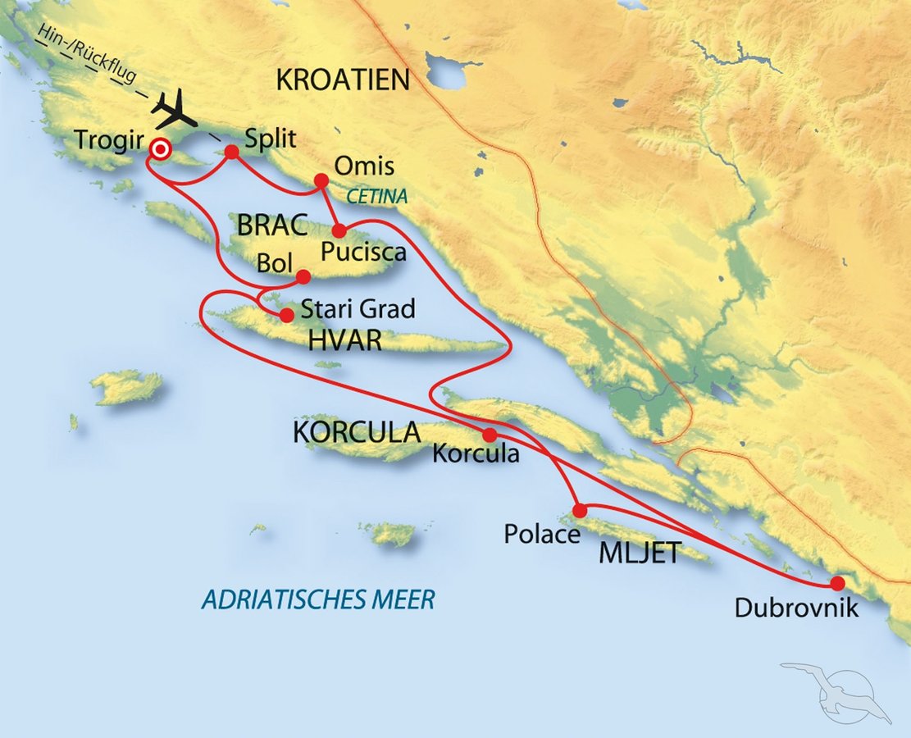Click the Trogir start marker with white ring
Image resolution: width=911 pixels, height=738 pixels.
(160, 148)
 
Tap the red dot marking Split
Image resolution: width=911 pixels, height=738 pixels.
(231, 152)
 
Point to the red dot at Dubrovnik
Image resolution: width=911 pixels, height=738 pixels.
(836, 584)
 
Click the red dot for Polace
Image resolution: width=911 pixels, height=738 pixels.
(579, 510)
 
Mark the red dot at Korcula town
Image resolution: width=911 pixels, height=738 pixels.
(489, 435)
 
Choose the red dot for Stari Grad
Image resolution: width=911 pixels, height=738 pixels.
(286, 314)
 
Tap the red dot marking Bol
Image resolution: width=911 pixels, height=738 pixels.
(303, 276)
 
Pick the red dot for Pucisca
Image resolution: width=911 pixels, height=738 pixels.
(339, 231)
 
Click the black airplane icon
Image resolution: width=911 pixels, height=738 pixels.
(175, 109)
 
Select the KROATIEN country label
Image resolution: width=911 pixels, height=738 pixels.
(343, 80)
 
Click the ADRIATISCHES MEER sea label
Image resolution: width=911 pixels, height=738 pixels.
(317, 600)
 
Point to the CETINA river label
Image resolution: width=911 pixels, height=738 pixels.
(376, 198)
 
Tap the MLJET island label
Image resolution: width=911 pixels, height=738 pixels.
(640, 553)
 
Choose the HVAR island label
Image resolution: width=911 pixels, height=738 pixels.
(345, 340)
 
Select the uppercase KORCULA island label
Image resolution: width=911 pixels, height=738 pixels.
(357, 433)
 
